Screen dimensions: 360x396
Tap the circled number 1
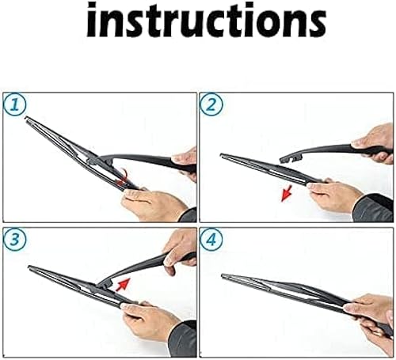[14, 105]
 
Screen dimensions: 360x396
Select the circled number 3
[14, 238]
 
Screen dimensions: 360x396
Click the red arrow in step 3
[122, 283]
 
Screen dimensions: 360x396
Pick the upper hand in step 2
[375, 139]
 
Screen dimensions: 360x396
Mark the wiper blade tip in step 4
[225, 276]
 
